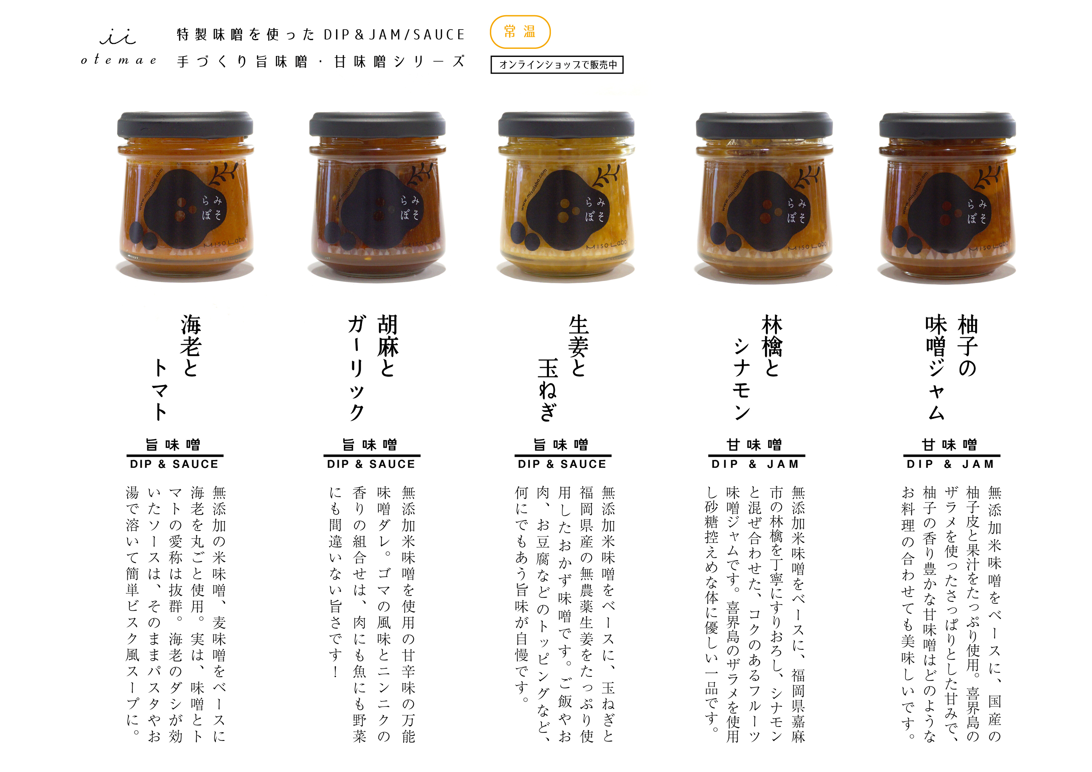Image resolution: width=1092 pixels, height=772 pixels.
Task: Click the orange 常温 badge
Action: point(520,32)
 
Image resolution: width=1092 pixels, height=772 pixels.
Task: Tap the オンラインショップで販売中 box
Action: point(557,65)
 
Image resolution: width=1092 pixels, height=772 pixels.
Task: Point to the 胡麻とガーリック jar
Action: point(377,195)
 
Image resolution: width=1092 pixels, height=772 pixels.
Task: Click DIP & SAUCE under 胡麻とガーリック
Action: point(371,464)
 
